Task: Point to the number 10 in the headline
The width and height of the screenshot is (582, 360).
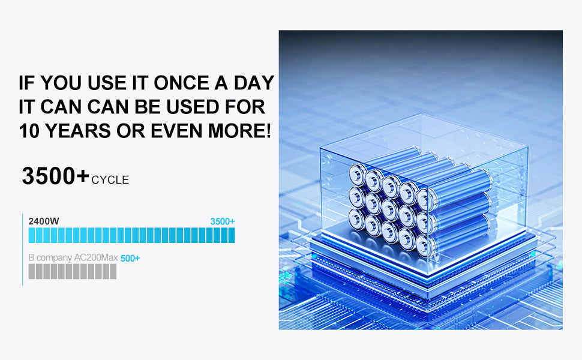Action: tap(29, 131)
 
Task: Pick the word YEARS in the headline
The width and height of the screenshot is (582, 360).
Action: tap(77, 131)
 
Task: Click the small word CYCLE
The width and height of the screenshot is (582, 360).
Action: tap(110, 180)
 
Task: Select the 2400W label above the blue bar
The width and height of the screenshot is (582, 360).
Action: tap(44, 221)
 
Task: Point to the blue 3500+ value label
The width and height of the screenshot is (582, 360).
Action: tap(223, 221)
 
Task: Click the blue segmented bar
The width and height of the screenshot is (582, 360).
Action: tap(131, 235)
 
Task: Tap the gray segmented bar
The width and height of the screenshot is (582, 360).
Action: tap(73, 271)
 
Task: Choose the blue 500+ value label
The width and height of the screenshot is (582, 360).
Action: tap(130, 259)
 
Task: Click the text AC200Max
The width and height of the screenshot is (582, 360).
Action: tap(96, 257)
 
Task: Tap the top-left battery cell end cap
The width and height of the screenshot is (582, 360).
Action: tap(358, 175)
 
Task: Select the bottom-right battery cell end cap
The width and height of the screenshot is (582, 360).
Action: tap(424, 245)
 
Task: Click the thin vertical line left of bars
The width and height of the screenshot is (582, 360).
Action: tap(23, 250)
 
